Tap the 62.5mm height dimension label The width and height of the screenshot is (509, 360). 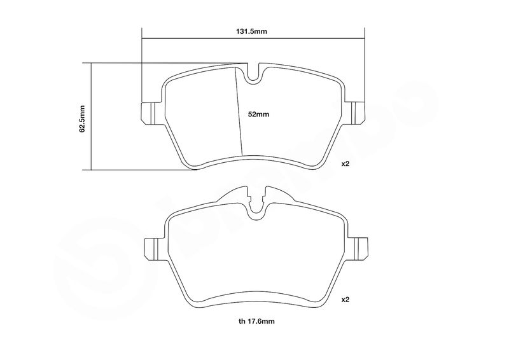(x=82, y=118)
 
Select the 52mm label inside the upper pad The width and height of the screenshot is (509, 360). (x=258, y=114)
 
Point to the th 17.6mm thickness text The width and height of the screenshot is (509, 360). (x=256, y=321)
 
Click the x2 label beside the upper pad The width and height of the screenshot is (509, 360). (x=345, y=163)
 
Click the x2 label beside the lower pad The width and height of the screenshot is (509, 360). (x=345, y=300)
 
